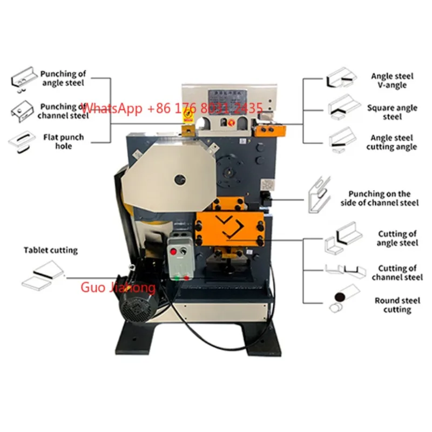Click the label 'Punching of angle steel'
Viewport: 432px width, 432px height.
point(63,78)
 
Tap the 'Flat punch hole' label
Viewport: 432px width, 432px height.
point(63,141)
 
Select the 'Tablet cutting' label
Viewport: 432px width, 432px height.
point(50,250)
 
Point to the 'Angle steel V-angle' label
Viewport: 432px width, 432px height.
point(389,80)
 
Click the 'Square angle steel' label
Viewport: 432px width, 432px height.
point(392,112)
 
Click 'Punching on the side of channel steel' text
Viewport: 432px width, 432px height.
point(379,198)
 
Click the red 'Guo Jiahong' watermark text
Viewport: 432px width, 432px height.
point(118,287)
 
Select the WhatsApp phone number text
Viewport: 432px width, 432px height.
point(173,108)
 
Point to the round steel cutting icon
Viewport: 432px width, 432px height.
point(341,299)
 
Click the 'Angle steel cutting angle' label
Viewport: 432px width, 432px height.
point(391,143)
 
